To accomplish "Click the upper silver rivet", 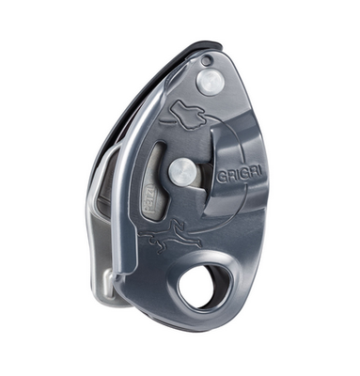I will (211, 84).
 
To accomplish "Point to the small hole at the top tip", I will (206, 61).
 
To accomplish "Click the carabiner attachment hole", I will (203, 285).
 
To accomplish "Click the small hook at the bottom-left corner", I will (108, 281).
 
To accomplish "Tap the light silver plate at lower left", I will (105, 235).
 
